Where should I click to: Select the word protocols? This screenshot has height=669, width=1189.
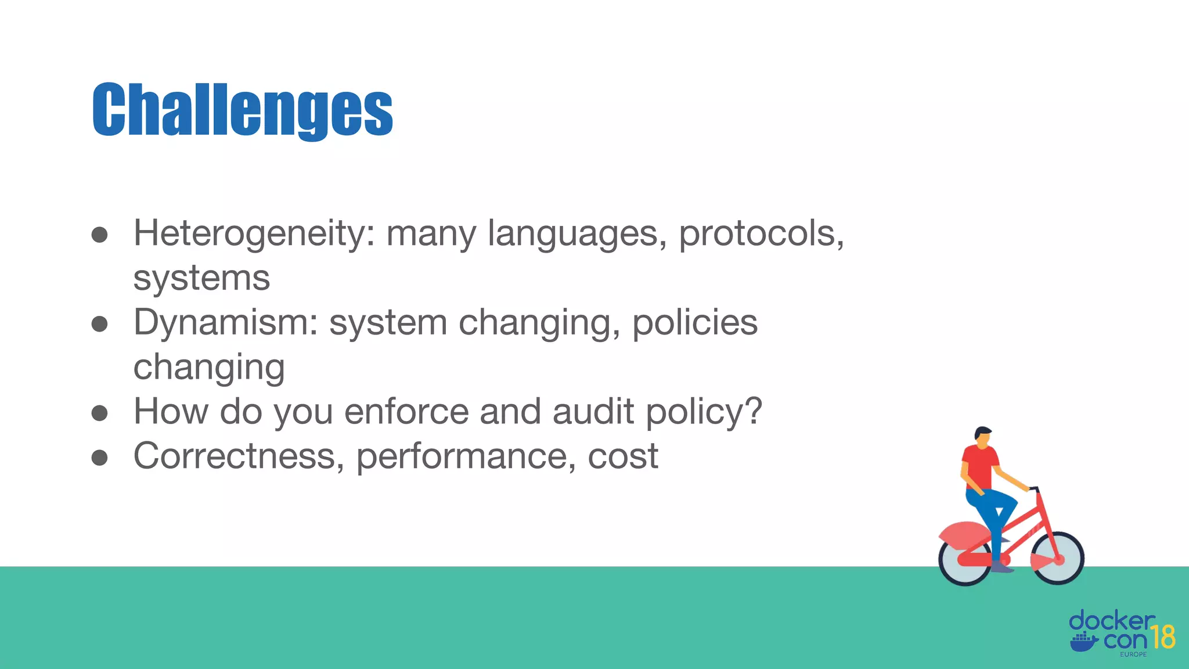761,233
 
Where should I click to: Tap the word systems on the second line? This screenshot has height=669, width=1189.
201,278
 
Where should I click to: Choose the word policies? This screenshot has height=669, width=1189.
694,322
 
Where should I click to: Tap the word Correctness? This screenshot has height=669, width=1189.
235,456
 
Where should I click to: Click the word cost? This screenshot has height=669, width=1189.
623,456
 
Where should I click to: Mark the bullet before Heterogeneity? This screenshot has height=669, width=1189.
100,235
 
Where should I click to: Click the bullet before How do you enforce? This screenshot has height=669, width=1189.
100,413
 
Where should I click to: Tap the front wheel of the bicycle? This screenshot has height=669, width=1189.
1058,559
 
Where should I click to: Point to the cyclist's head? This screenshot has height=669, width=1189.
983,437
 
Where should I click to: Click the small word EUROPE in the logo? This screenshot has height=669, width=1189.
1133,654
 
